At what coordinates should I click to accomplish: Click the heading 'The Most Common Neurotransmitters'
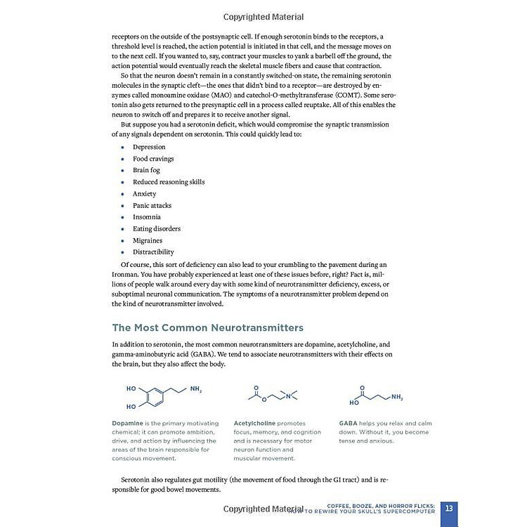(x=208, y=327)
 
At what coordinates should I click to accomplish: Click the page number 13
(x=450, y=508)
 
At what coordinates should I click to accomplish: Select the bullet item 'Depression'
(x=149, y=147)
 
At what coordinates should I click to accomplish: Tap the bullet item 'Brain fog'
(x=146, y=170)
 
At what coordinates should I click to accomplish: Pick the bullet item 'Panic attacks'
(x=152, y=205)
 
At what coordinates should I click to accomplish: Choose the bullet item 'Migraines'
(x=148, y=240)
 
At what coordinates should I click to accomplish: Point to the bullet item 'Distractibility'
(x=153, y=252)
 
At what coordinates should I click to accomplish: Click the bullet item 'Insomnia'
(x=147, y=217)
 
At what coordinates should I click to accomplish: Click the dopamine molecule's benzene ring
(x=155, y=397)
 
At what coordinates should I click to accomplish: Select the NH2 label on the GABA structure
(x=397, y=398)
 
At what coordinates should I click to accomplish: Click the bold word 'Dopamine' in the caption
(x=126, y=423)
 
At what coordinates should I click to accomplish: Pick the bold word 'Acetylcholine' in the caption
(x=255, y=423)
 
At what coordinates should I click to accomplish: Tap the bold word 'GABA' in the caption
(x=349, y=423)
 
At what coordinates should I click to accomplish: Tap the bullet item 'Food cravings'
(x=153, y=159)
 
